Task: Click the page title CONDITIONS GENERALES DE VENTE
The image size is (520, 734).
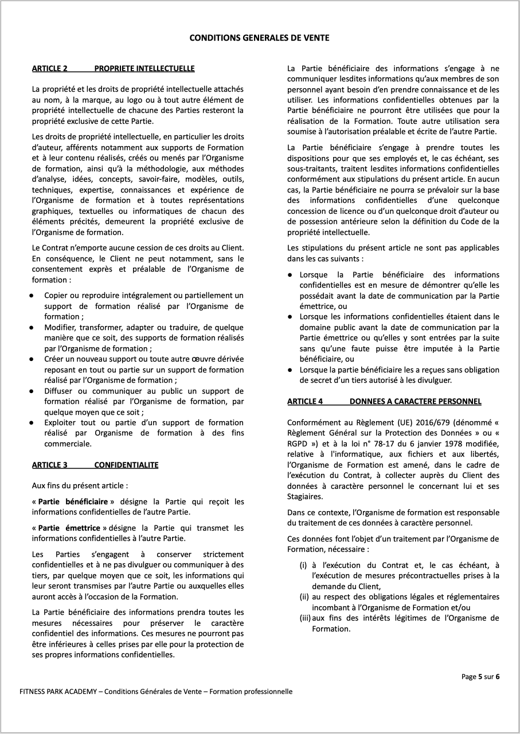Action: point(259,38)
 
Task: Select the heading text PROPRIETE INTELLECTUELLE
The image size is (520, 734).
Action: point(144,69)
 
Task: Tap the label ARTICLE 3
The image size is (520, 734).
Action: point(49,465)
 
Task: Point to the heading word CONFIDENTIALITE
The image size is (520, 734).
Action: point(126,465)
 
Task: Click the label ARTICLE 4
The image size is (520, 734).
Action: point(305,402)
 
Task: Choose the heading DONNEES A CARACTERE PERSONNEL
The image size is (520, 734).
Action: point(415,402)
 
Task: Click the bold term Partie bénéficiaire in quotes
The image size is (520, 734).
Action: point(72,502)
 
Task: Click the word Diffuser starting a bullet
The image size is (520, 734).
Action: point(60,390)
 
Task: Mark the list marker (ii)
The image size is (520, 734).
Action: point(304,597)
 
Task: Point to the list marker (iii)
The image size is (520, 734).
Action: point(305,618)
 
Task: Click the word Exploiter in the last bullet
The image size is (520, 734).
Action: point(61,422)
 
